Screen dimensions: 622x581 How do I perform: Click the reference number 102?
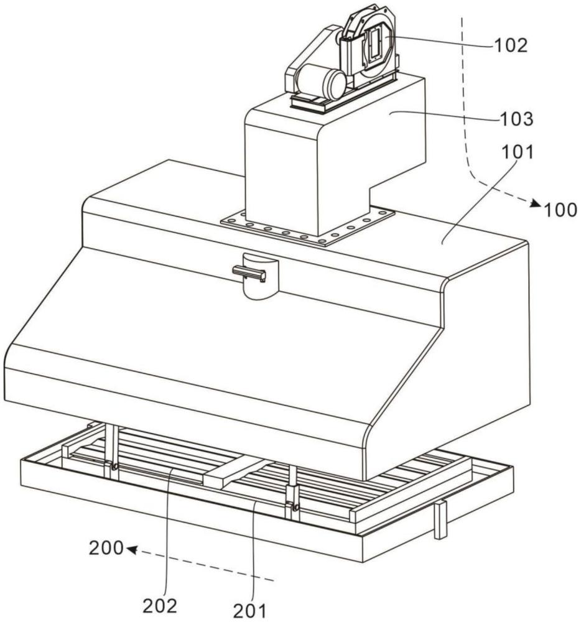510,45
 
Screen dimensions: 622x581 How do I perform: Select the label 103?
516,119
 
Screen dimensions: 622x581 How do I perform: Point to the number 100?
560,210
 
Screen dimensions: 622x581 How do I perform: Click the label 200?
106,549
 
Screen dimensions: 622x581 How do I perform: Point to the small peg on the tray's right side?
441,519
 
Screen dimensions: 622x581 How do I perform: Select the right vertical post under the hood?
292,491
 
